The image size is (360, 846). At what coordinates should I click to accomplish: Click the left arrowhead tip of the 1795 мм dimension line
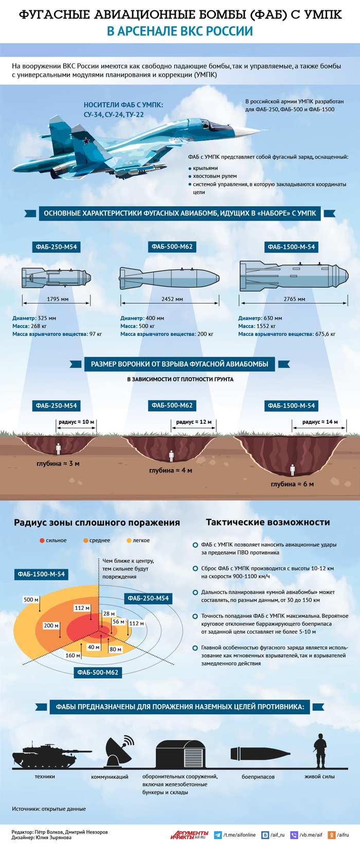23,302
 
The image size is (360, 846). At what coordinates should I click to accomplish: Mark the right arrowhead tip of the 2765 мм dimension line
347,302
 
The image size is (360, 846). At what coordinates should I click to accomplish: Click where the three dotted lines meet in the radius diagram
99,630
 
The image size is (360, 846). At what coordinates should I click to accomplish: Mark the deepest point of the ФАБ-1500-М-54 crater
292,476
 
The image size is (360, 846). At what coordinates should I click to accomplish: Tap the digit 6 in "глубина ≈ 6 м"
305,484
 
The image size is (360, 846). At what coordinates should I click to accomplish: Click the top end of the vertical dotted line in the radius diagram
99,559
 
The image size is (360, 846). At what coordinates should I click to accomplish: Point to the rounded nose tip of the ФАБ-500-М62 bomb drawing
219,278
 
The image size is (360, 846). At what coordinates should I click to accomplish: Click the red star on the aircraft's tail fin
87,141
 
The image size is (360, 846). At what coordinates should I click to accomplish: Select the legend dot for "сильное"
42,541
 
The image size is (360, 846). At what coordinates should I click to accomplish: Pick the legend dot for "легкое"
129,541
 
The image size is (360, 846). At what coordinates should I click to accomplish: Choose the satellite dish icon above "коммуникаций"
118,751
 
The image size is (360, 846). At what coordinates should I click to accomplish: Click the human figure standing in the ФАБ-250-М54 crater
58,449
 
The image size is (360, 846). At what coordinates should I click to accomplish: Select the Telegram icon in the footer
218,835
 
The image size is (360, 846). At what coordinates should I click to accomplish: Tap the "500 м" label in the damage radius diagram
31,599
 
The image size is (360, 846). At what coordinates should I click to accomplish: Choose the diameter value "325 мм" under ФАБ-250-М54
47,318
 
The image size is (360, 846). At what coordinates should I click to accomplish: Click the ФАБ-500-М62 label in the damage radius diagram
98,672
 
